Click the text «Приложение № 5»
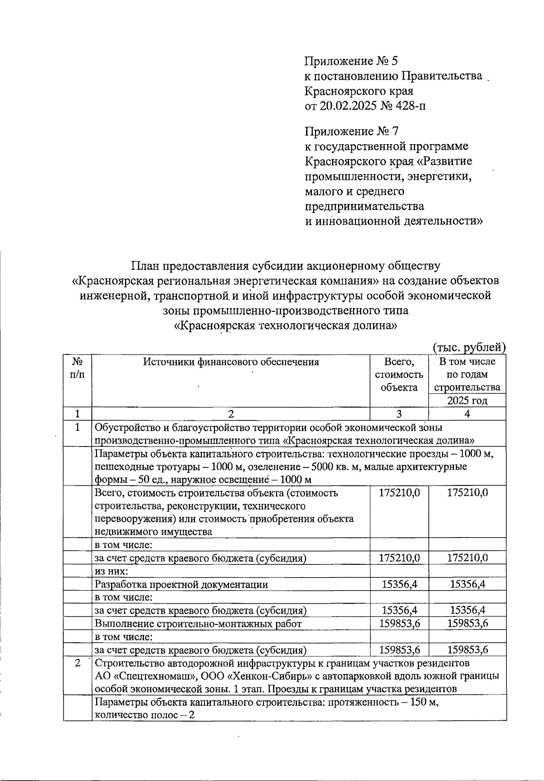click(351, 61)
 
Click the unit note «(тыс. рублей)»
click(469, 348)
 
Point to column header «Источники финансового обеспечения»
click(231, 362)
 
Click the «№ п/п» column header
click(78, 368)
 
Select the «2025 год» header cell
click(467, 401)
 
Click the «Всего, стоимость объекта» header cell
click(399, 374)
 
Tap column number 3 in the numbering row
click(399, 414)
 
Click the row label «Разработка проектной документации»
click(181, 584)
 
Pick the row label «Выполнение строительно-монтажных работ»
click(198, 624)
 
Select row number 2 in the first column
click(78, 663)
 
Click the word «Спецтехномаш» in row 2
click(157, 676)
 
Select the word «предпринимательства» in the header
click(364, 206)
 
